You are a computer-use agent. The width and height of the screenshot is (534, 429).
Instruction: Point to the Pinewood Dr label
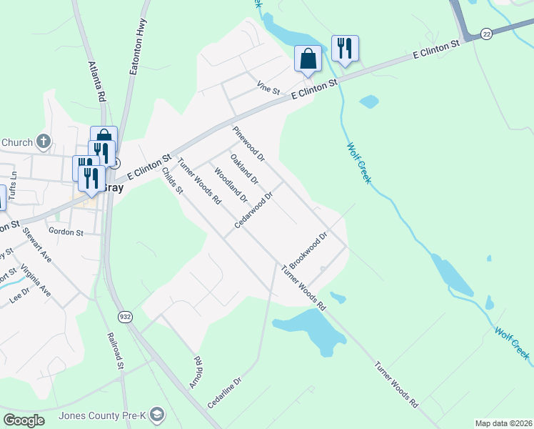pos(248,143)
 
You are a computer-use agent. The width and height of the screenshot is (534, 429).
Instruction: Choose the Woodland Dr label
pos(230,185)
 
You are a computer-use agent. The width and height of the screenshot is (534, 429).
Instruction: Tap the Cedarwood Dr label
pos(255,210)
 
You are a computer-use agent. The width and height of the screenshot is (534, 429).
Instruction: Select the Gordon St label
pos(66,232)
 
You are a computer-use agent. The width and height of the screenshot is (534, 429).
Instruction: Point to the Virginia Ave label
pos(36,281)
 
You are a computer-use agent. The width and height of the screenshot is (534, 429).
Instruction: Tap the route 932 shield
pos(125,315)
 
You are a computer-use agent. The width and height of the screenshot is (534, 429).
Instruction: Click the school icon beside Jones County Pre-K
pos(157,414)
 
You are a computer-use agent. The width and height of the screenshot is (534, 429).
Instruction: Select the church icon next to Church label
pos(44,141)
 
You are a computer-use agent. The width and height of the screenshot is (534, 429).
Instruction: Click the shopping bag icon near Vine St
pos(308,59)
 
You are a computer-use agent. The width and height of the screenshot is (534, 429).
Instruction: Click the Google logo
pos(24,420)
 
